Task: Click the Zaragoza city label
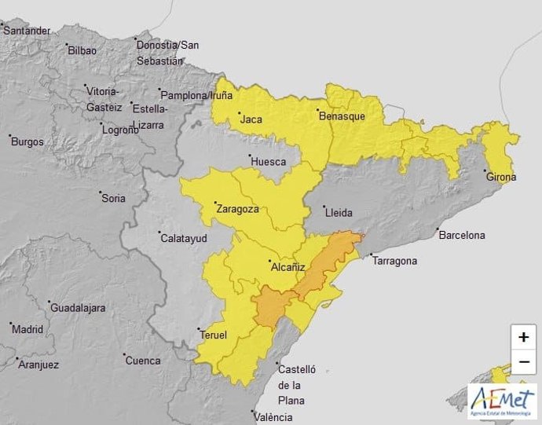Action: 238,210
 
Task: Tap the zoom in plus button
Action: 523,337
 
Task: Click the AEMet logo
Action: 502,401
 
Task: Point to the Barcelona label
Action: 463,235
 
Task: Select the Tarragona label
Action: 395,261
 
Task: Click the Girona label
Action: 501,177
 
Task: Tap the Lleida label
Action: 339,213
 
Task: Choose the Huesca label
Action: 268,163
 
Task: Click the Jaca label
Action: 251,120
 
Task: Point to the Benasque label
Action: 342,115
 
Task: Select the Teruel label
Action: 214,335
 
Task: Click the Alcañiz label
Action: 287,267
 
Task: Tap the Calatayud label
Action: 184,238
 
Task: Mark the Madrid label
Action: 27,329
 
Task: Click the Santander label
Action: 27,31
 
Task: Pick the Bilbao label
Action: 82,50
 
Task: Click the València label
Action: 284,417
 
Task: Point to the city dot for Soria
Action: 101,192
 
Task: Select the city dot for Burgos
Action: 10,136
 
